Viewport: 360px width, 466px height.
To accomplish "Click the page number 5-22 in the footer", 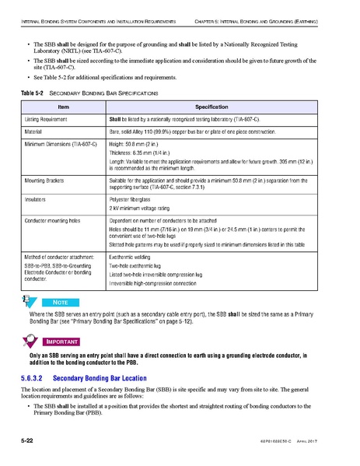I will click(x=28, y=442).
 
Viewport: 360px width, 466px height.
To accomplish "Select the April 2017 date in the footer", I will click(x=324, y=442).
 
